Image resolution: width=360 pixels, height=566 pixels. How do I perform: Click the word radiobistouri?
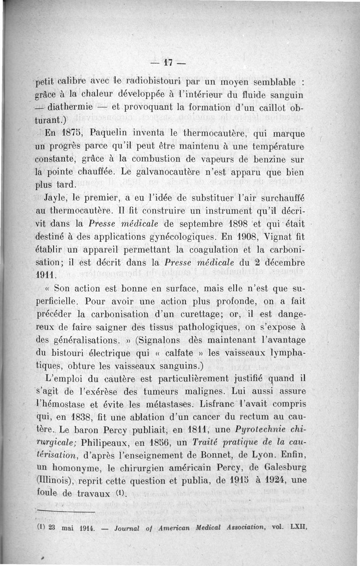154,82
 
